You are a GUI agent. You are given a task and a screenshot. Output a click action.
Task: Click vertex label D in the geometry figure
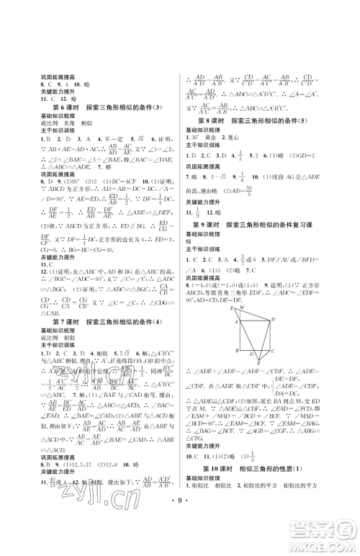pyautogui.click(x=273, y=300)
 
